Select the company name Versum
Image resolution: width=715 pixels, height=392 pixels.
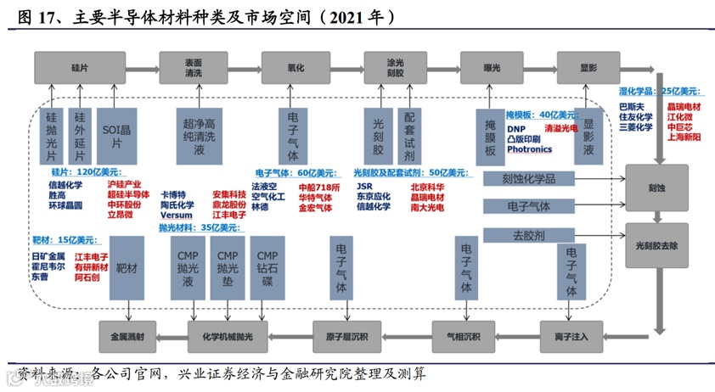pyautogui.click(x=177, y=215)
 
